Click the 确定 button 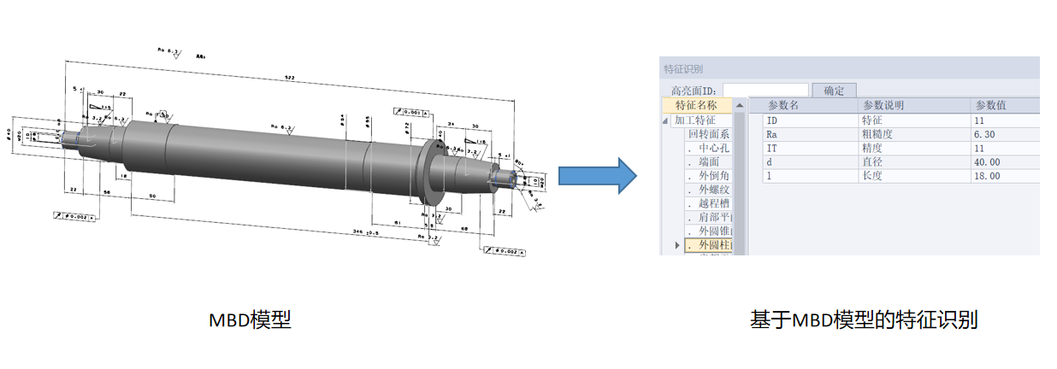click(x=834, y=91)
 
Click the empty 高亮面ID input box click(x=765, y=91)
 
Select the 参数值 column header click(x=990, y=105)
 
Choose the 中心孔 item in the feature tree click(x=714, y=148)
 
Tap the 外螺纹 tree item click(x=714, y=190)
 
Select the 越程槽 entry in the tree click(x=714, y=203)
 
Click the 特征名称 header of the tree click(x=703, y=105)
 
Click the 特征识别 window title click(x=684, y=68)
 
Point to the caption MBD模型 click(x=250, y=320)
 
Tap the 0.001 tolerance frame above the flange click(x=413, y=112)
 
